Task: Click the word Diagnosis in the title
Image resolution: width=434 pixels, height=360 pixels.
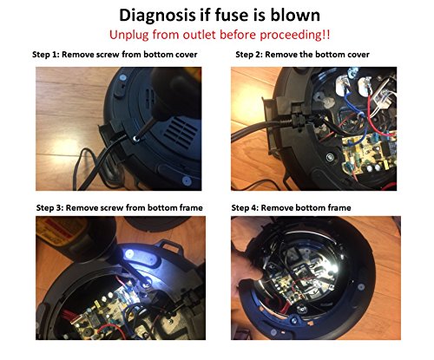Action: pyautogui.click(x=157, y=16)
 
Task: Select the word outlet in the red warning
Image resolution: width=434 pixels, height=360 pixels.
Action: pyautogui.click(x=200, y=35)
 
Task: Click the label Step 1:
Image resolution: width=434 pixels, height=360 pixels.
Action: pyautogui.click(x=46, y=55)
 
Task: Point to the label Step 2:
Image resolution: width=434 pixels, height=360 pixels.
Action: pyautogui.click(x=249, y=55)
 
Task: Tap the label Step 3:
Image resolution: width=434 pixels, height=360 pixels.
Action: pyautogui.click(x=49, y=208)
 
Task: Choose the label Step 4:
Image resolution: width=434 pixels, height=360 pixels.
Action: pyautogui.click(x=245, y=208)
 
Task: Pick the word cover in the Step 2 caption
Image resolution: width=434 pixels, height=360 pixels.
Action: pyautogui.click(x=358, y=55)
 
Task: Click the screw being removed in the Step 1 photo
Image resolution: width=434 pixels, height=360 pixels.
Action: pyautogui.click(x=135, y=140)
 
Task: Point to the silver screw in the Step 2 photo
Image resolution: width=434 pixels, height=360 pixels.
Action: pyautogui.click(x=330, y=158)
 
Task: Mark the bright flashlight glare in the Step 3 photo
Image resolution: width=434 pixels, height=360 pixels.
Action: pyautogui.click(x=128, y=254)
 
